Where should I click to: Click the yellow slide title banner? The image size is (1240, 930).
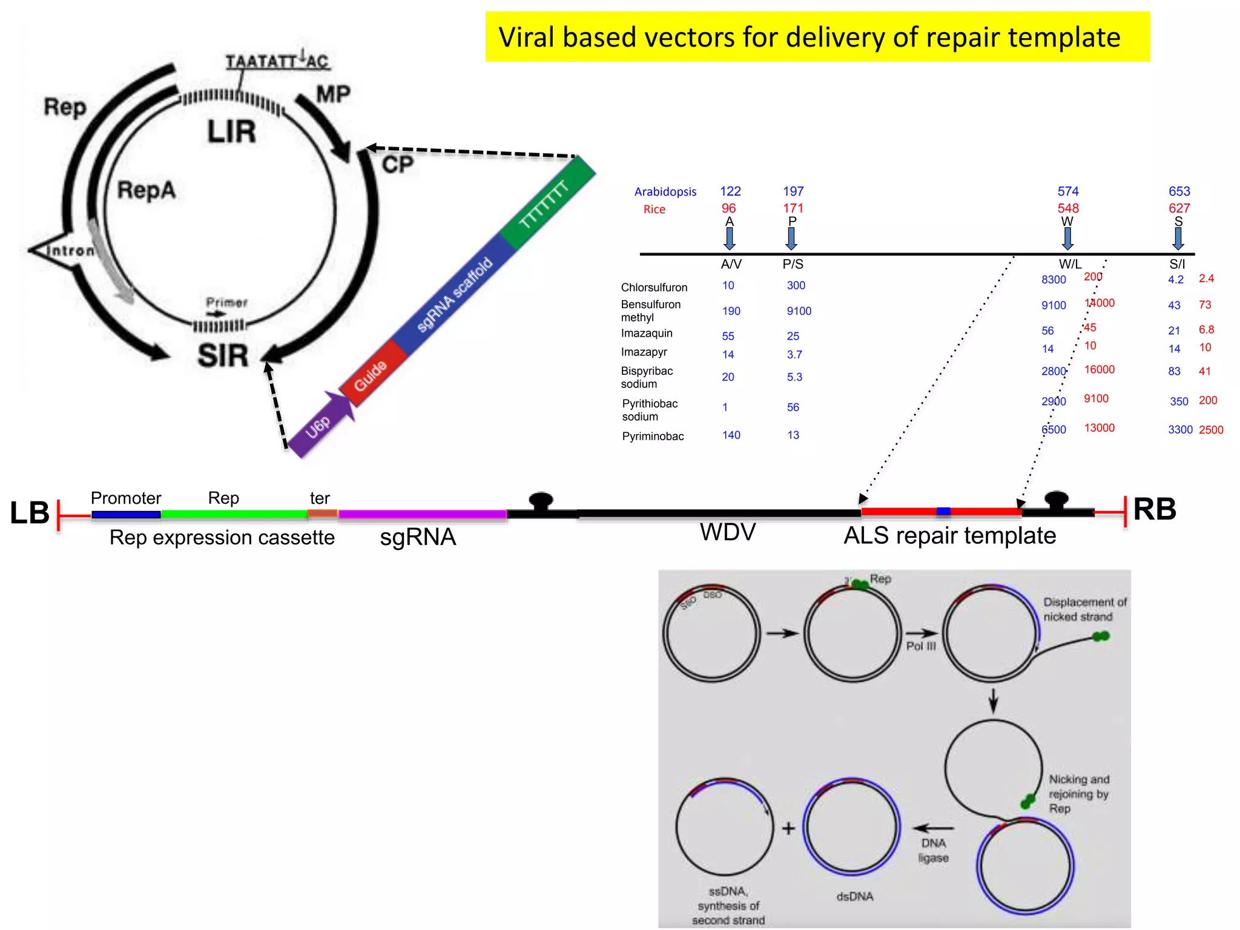click(x=817, y=37)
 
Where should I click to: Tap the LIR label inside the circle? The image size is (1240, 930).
click(x=231, y=131)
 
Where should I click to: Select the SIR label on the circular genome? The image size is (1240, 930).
click(x=223, y=355)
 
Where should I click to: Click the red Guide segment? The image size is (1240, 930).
click(x=371, y=374)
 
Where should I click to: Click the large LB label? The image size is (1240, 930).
click(x=29, y=513)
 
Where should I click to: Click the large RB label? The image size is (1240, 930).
click(x=1154, y=509)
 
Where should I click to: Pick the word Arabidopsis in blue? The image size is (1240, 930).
click(x=665, y=192)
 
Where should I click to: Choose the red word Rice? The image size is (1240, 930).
click(x=654, y=209)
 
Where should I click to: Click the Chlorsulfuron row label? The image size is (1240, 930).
click(x=654, y=287)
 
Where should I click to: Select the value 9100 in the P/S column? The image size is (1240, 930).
click(x=799, y=311)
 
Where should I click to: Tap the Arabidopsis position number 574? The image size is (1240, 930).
click(x=1067, y=191)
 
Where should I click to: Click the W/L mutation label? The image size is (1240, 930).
click(x=1070, y=264)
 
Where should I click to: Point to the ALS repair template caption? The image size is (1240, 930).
click(x=949, y=535)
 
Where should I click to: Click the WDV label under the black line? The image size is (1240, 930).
click(x=727, y=532)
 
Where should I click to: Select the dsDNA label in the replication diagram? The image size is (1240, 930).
click(x=854, y=896)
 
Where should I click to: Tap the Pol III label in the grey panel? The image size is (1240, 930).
click(x=920, y=646)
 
